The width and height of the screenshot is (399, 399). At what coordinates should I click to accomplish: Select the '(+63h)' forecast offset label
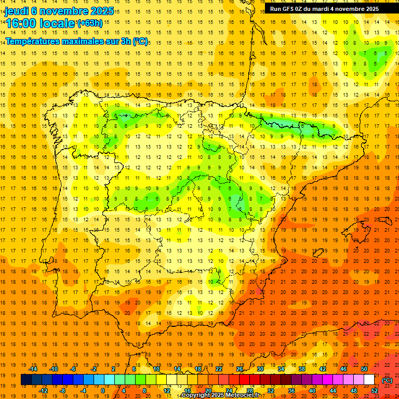click(x=90, y=23)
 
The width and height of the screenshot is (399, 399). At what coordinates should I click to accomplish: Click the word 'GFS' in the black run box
click(x=291, y=9)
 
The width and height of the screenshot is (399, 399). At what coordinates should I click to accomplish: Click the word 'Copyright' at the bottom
click(x=196, y=395)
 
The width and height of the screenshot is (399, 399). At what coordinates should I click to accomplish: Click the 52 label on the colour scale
click(x=374, y=391)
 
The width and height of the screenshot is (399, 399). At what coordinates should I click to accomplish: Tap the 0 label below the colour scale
click(x=103, y=391)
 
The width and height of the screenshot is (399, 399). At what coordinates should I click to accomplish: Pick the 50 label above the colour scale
click(x=364, y=369)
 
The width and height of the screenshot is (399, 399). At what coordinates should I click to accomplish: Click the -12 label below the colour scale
click(x=43, y=391)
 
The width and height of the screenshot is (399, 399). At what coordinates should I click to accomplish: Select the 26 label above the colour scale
click(x=240, y=369)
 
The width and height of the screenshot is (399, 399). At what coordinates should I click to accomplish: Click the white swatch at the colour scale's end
click(x=369, y=380)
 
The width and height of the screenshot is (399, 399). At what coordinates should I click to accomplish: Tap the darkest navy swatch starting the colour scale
click(x=26, y=380)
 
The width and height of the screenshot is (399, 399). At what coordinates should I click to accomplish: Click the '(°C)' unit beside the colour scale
click(x=387, y=380)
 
